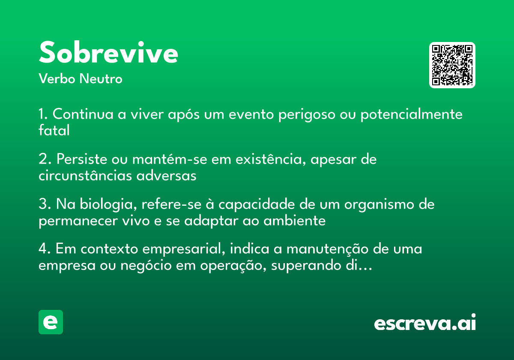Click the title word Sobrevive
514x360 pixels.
pos(108,52)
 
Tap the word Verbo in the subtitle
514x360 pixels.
pos(57,78)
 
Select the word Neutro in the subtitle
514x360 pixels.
pos(101,78)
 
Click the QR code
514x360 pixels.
pos(452,65)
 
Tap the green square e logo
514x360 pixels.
pos(51,322)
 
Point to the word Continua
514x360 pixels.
pos(83,114)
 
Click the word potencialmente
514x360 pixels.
pos(412,114)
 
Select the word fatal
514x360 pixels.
pos(54,130)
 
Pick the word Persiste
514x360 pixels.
pos(82,159)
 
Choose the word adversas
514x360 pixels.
pos(166,176)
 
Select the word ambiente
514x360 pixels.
pos(294,221)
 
